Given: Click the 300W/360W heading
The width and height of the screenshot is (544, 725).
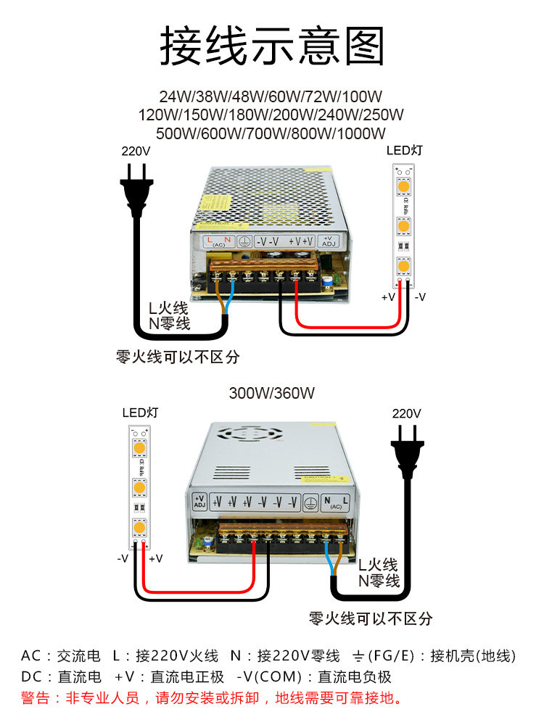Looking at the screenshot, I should tap(271, 394).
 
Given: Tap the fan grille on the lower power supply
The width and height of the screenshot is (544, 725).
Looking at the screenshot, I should tap(252, 435).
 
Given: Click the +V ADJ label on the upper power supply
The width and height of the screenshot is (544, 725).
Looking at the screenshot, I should tap(326, 241).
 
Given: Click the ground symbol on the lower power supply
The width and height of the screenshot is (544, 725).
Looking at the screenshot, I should tap(310, 502).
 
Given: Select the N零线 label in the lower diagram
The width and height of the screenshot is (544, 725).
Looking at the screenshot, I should tap(378, 581).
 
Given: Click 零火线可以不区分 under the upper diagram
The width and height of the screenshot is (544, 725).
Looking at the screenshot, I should tap(178, 357).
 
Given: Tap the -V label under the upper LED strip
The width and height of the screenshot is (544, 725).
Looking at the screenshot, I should tap(420, 297).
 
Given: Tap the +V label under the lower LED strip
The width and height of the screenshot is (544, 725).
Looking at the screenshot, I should tap(155, 559).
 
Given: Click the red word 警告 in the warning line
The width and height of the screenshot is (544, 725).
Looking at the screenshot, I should tap(36, 699).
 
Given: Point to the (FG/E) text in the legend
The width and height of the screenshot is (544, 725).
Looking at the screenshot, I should tap(392, 656).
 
